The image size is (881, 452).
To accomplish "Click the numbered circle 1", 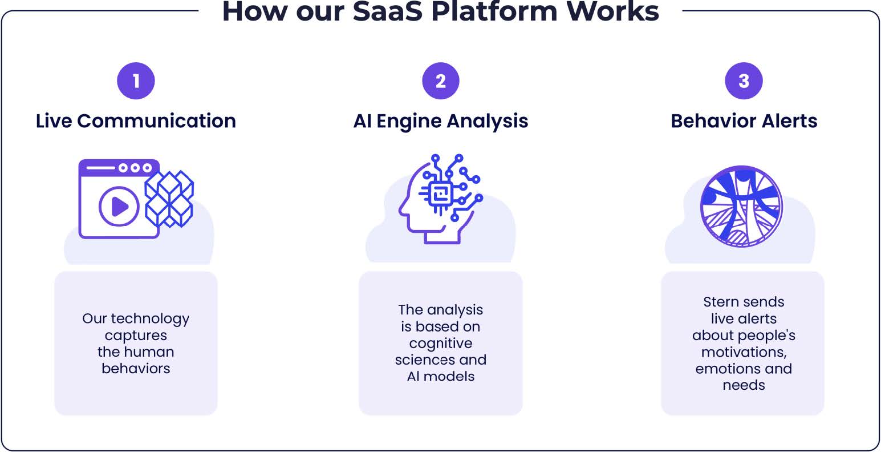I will [136, 80].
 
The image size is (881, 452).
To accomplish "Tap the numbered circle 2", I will [440, 80].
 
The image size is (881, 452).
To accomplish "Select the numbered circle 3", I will [744, 80].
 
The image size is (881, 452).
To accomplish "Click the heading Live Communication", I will [136, 121].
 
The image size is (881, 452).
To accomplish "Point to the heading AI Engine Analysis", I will [440, 121].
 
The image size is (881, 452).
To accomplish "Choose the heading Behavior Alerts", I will [744, 121].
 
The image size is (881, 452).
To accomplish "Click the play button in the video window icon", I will [119, 206].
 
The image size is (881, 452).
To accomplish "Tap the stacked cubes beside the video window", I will [169, 198].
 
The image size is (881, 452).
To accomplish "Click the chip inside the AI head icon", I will [440, 193].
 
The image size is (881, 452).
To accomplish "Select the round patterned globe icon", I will [741, 206].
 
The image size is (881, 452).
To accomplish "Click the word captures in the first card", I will [136, 335].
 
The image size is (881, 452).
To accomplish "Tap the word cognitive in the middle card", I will [440, 343].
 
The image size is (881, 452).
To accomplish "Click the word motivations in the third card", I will [744, 352].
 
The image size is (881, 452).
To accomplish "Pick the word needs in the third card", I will [744, 385].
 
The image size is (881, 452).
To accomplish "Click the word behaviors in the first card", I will [136, 368].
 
